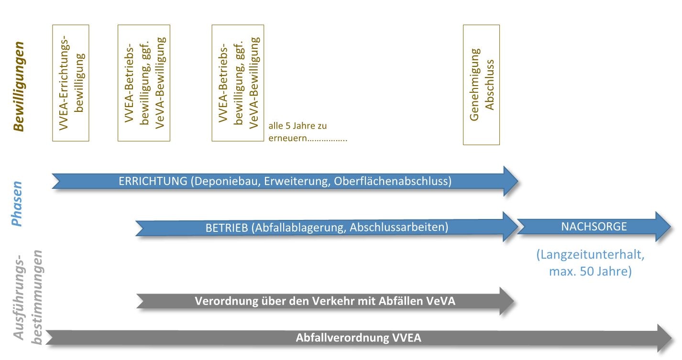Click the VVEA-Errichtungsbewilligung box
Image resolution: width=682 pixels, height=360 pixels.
[x=71, y=83]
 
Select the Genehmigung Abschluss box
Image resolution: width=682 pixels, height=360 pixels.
[x=481, y=85]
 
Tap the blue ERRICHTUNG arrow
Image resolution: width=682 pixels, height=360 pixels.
[x=285, y=182]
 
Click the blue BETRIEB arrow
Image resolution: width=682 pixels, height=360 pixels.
[x=326, y=228]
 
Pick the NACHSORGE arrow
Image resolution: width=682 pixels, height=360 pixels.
[x=594, y=227]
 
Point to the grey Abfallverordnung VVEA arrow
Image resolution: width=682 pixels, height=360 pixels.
[x=359, y=338]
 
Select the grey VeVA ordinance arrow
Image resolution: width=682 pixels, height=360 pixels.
[x=325, y=301]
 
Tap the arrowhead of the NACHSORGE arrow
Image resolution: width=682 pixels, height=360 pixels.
[x=662, y=227]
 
